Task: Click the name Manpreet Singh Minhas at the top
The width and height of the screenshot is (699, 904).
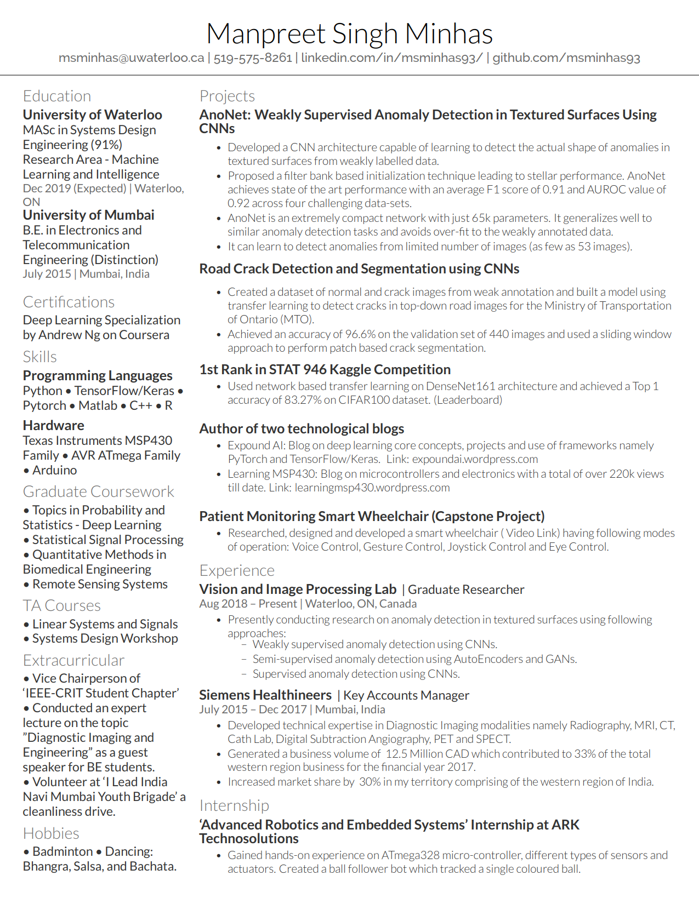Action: [x=349, y=34]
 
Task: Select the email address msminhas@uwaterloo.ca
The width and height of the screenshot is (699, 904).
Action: [x=131, y=58]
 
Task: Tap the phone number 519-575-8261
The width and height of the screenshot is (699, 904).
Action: [x=253, y=58]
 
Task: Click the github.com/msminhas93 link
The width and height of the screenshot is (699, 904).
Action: [x=566, y=58]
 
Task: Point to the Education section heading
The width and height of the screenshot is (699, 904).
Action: [x=57, y=96]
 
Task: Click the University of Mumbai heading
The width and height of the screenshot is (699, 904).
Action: [x=88, y=215]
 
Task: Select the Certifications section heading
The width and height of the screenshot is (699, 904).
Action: [x=69, y=302]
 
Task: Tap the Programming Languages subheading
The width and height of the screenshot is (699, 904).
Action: [x=98, y=376]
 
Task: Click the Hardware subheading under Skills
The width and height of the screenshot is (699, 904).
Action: [x=53, y=426]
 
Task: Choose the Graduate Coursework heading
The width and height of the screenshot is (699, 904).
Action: [x=98, y=492]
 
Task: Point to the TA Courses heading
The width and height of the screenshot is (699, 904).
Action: [x=61, y=606]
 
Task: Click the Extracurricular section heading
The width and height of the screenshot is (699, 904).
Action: [x=73, y=661]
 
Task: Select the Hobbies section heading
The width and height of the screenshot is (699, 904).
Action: [x=51, y=834]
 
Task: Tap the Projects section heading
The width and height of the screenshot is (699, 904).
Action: [x=227, y=96]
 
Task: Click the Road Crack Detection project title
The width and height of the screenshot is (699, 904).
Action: [x=359, y=269]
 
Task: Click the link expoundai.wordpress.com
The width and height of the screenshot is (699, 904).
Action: [x=475, y=459]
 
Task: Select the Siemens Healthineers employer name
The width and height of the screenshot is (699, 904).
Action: [x=265, y=695]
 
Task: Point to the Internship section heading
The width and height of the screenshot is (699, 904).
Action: [x=234, y=806]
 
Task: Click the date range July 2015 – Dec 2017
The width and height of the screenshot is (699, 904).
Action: [x=253, y=710]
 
